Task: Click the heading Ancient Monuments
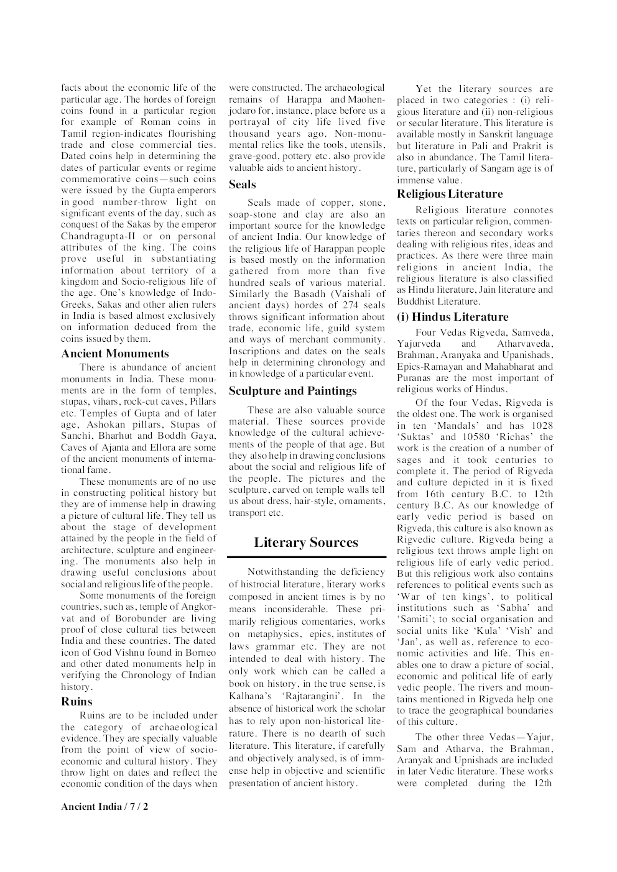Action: [x=114, y=354]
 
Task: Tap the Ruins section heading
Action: [x=77, y=702]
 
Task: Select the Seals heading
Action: [x=242, y=185]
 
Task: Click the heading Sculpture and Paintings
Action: [x=292, y=391]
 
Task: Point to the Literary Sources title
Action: [x=305, y=543]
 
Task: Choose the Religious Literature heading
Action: [x=450, y=194]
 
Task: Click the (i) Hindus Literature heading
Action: [x=452, y=317]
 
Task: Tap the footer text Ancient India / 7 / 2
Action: [x=104, y=807]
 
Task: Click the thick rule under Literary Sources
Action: [x=306, y=556]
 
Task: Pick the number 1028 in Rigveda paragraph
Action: [x=540, y=426]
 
